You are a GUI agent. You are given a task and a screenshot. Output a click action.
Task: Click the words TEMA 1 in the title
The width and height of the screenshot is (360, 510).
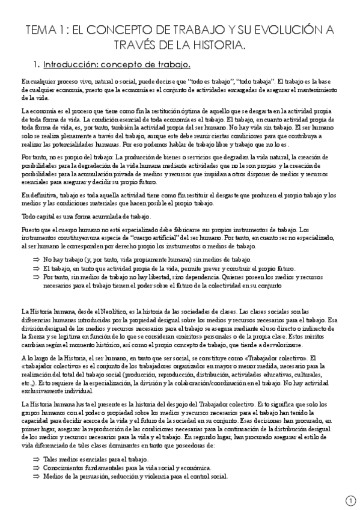pyautogui.click(x=44, y=29)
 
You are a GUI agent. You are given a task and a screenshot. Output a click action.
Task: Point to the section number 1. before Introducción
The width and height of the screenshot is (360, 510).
pyautogui.click(x=36, y=64)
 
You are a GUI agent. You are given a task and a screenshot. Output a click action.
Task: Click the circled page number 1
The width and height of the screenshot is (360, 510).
pyautogui.click(x=352, y=500)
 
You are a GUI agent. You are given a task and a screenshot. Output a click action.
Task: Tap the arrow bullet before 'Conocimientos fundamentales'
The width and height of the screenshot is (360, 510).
pyautogui.click(x=36, y=468)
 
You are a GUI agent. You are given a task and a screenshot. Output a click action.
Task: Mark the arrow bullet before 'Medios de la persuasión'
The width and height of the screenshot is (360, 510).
pyautogui.click(x=36, y=477)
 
